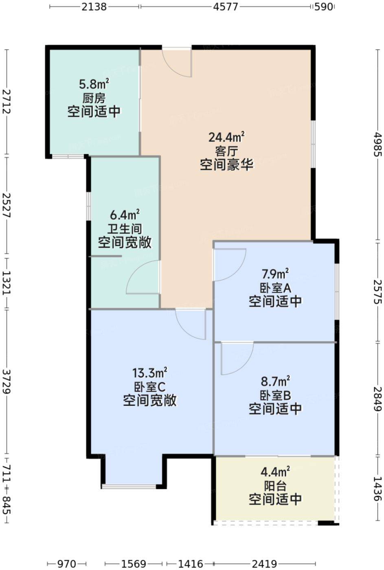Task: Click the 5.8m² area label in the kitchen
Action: (94, 84)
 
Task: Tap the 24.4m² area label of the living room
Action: (226, 137)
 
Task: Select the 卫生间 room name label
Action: (125, 229)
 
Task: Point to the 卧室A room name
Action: (275, 288)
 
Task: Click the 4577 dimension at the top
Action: (226, 7)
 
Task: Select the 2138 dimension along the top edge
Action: (94, 7)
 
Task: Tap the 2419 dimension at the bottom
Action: (264, 562)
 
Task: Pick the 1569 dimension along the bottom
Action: (133, 562)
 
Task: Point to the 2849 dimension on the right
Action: (378, 399)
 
